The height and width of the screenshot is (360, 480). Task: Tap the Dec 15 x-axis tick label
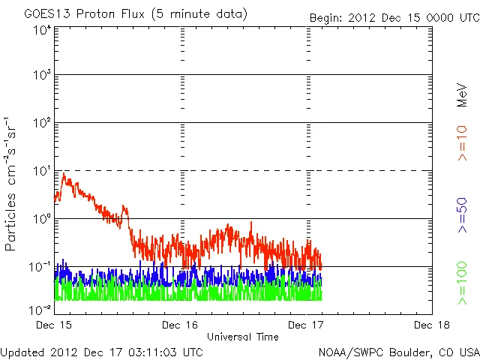tap(54, 324)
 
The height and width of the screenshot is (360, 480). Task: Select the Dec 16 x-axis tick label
tap(181, 324)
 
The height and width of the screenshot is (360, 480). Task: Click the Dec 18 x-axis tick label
tap(432, 324)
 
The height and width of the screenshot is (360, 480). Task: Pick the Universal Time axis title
tap(243, 337)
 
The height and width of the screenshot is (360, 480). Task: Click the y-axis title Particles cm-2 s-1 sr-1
tap(12, 183)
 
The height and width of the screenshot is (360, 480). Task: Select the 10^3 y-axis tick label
tap(42, 76)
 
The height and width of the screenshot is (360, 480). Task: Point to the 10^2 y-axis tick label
tap(42, 123)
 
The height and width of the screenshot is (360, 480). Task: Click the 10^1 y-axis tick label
tap(42, 171)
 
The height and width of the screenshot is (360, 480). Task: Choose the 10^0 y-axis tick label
tap(42, 219)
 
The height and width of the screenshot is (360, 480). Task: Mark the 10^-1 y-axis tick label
tap(40, 266)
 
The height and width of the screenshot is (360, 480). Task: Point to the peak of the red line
tap(64, 174)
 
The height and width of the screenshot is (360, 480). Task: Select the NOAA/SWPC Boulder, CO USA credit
tap(398, 352)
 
